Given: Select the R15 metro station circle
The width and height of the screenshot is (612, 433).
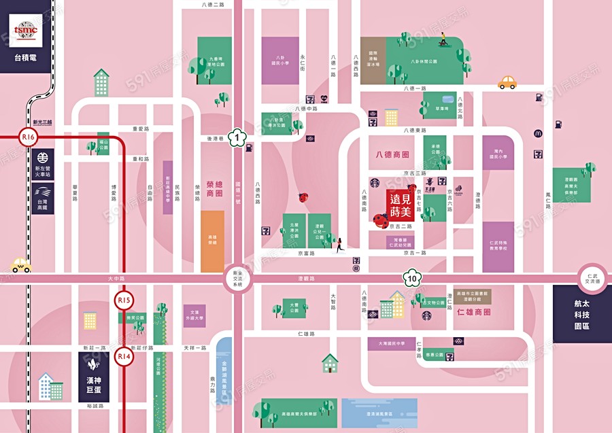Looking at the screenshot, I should (x=124, y=300).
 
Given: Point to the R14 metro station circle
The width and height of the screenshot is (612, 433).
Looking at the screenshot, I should (x=124, y=356).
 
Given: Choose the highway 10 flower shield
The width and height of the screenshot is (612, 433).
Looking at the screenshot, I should (x=412, y=278).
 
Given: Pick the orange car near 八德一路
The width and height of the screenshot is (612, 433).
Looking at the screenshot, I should (x=507, y=82).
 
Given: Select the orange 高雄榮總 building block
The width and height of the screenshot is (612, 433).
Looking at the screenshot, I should (x=212, y=241).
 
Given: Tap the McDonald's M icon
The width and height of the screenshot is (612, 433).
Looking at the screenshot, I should (x=537, y=133).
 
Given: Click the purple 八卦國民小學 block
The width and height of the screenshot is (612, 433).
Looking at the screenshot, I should (x=280, y=60).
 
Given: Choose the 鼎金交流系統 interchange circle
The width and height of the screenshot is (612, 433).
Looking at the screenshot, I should (x=236, y=278).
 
